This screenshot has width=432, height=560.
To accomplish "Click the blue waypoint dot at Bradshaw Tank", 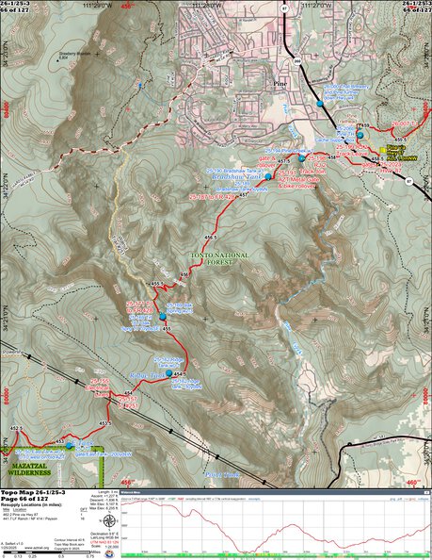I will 268,176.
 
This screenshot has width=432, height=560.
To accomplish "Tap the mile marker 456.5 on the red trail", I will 218,237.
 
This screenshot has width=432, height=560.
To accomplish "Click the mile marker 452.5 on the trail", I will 14,428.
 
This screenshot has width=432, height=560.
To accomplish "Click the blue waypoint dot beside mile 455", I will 163,316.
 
